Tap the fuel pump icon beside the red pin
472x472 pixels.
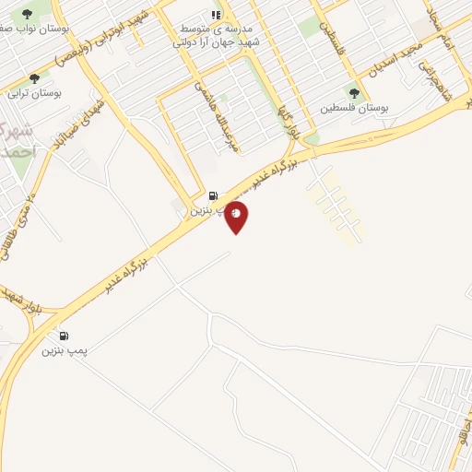(x=215, y=195)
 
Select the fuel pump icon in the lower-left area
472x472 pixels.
(x=64, y=336)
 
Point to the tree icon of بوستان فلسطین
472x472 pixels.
(x=355, y=93)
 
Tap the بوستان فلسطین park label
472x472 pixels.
(x=355, y=108)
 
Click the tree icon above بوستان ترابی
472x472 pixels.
(x=35, y=79)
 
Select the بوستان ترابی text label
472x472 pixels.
(x=35, y=93)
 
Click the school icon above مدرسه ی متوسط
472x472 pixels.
(x=216, y=15)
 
